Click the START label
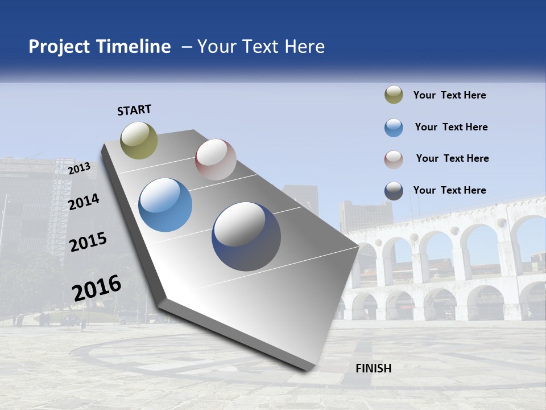click(134, 110)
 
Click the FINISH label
click(373, 368)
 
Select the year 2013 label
click(79, 168)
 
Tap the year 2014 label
click(84, 202)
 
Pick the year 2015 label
click(88, 242)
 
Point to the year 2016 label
click(97, 288)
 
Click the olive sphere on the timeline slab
click(139, 140)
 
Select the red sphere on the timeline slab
click(216, 159)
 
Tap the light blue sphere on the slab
click(165, 205)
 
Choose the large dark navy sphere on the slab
click(246, 236)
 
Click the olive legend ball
click(394, 95)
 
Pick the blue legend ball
click(394, 128)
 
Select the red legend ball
click(394, 159)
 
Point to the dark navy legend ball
click(394, 191)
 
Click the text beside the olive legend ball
click(449, 95)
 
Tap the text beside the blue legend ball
click(451, 127)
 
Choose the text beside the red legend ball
click(452, 158)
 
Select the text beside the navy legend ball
click(449, 190)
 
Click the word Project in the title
click(59, 47)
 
